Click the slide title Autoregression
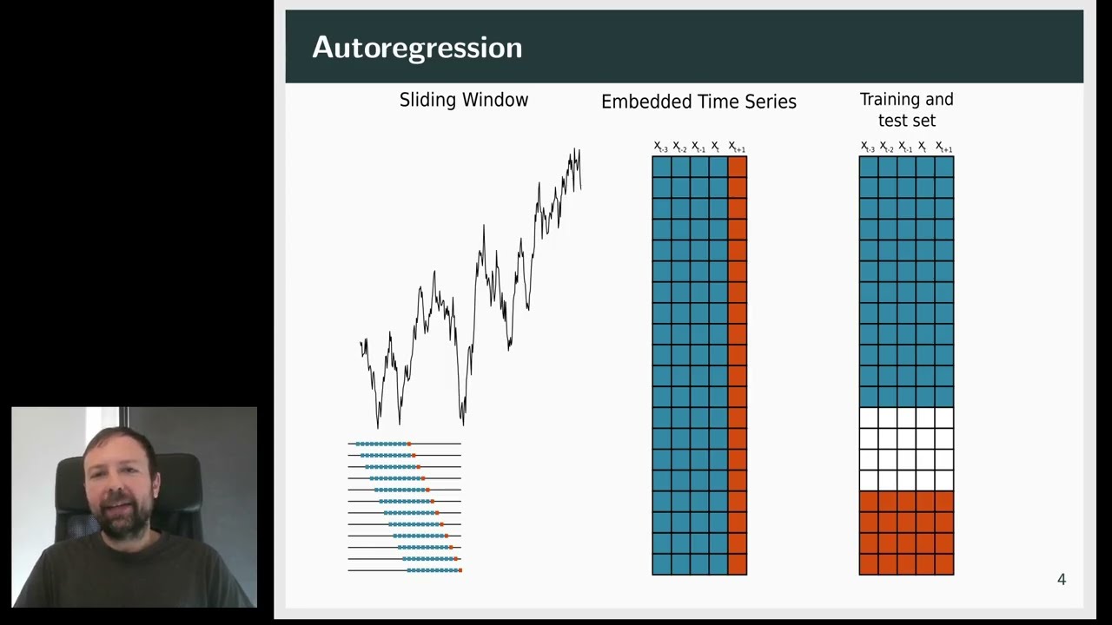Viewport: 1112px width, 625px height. click(x=417, y=48)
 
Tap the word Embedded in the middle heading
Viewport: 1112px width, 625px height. click(x=642, y=102)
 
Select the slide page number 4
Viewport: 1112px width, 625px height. click(x=1061, y=580)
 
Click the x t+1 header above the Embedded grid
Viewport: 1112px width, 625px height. click(x=737, y=147)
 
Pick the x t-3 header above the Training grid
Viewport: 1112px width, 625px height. click(x=868, y=147)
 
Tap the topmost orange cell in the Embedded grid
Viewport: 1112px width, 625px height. click(x=738, y=167)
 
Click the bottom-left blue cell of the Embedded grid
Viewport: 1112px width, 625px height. click(x=661, y=564)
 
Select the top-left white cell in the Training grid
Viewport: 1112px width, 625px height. click(x=868, y=418)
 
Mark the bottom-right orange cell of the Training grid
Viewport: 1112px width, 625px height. click(x=944, y=564)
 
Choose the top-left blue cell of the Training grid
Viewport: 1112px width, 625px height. click(x=868, y=167)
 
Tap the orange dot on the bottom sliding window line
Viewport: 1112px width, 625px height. click(x=460, y=570)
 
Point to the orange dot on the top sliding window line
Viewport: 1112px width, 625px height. click(x=409, y=444)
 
